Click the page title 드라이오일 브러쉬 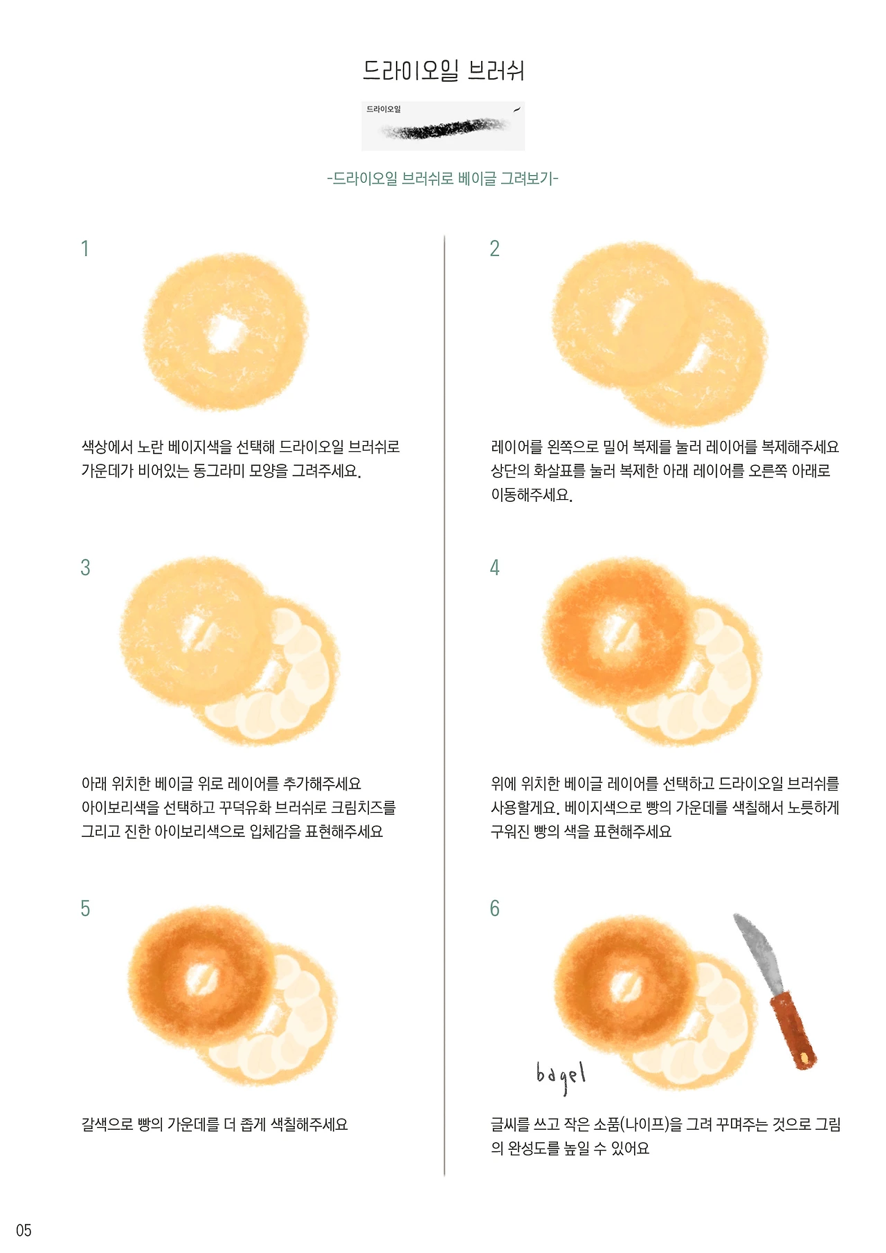(x=444, y=70)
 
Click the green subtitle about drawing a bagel (x=443, y=179)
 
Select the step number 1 (x=85, y=249)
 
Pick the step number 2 (x=494, y=249)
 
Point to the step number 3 (x=85, y=568)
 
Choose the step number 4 (x=494, y=568)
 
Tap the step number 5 (x=85, y=908)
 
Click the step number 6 (x=494, y=908)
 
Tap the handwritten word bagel (x=561, y=1075)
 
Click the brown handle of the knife (x=794, y=1030)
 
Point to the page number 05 (x=24, y=1230)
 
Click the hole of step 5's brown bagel (x=203, y=980)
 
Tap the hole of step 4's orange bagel (x=618, y=629)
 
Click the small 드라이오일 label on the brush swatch (x=383, y=109)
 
